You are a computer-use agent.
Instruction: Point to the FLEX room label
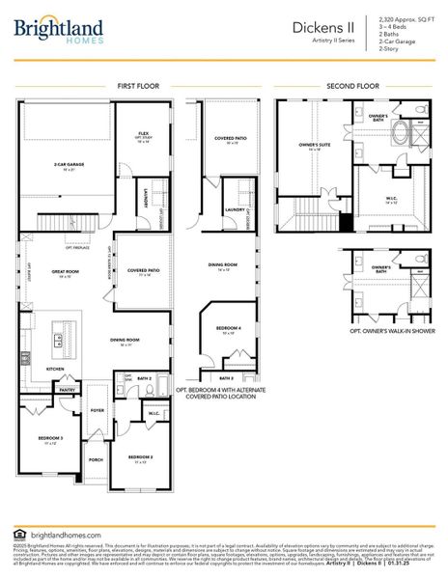(143, 133)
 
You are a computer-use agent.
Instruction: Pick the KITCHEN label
(55, 369)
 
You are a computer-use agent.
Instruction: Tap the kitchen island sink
(58, 340)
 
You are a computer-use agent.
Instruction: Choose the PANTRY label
(67, 390)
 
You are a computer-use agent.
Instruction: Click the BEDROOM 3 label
(50, 438)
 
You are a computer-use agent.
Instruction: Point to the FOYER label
(97, 410)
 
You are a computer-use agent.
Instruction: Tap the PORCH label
(96, 459)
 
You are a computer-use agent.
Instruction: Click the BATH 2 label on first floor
(144, 378)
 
